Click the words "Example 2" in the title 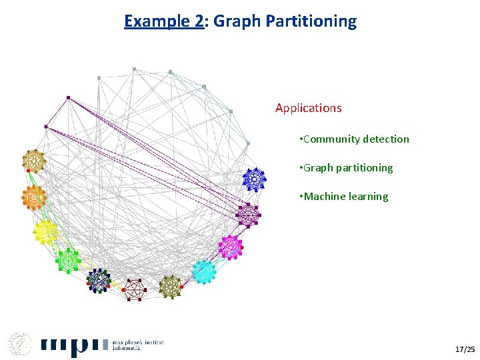(163, 21)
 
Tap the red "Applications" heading (308, 108)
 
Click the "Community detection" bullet (356, 139)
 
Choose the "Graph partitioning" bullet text (348, 168)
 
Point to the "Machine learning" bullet (345, 197)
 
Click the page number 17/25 (465, 349)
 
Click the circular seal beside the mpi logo (20, 343)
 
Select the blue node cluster (253, 179)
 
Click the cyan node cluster (204, 271)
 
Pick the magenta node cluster (230, 247)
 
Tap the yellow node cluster (45, 231)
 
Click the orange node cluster (33, 197)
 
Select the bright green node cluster (68, 260)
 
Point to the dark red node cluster (133, 289)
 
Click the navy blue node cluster (99, 281)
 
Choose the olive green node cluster (171, 287)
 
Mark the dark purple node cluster (247, 215)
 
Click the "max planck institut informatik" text (142, 344)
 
